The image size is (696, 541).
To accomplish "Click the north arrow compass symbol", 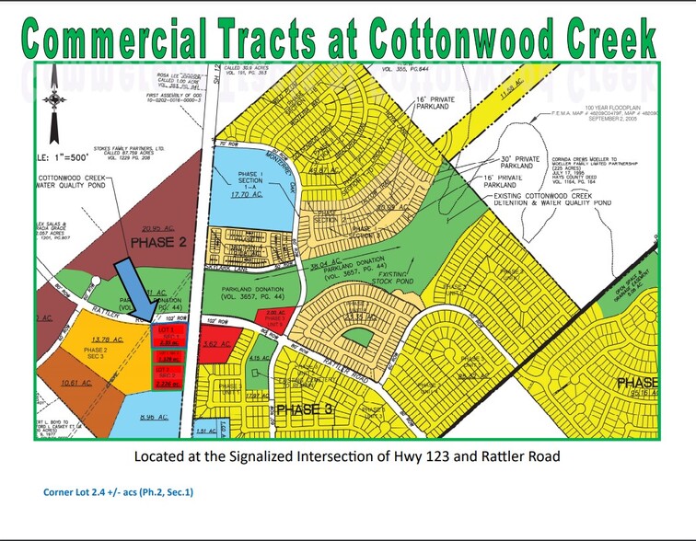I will pyautogui.click(x=57, y=98).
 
